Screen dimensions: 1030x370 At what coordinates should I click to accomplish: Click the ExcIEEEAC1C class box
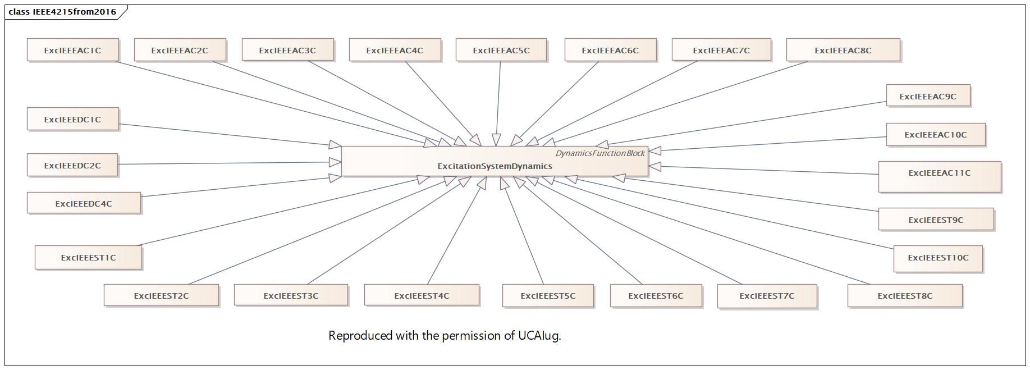click(x=72, y=50)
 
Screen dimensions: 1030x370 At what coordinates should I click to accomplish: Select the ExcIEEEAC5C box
click(x=501, y=50)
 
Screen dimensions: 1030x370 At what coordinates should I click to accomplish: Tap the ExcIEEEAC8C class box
click(x=843, y=50)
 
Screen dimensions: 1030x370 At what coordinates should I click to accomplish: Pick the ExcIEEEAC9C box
click(x=928, y=96)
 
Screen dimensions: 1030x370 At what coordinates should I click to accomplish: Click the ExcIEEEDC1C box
click(x=72, y=119)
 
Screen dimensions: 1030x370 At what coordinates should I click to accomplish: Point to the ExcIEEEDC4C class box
click(x=84, y=203)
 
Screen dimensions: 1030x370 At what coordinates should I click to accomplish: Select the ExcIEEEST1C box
click(x=88, y=258)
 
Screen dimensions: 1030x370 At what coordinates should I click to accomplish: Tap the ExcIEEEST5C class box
click(x=548, y=295)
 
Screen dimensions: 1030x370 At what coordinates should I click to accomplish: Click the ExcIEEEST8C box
click(x=905, y=295)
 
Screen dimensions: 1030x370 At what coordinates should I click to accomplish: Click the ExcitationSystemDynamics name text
click(x=495, y=166)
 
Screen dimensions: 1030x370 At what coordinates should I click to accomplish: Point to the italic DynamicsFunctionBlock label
click(x=600, y=153)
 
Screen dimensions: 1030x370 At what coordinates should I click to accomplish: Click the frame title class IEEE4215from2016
click(x=62, y=11)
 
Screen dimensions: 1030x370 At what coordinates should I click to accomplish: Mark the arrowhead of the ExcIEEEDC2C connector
click(x=336, y=162)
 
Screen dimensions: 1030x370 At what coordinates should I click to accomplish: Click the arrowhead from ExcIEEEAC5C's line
click(x=496, y=140)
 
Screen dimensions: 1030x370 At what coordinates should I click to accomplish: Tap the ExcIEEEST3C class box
click(x=291, y=295)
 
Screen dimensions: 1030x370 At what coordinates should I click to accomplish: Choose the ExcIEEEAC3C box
click(x=287, y=50)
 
